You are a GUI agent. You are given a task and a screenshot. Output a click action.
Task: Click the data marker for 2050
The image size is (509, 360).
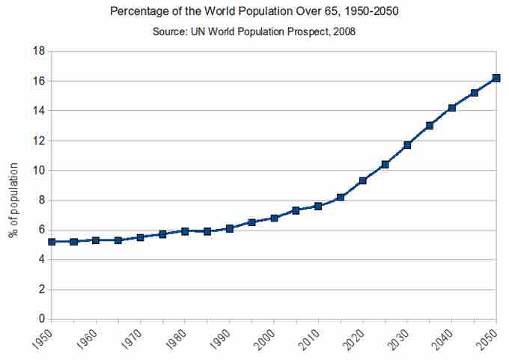tap(496, 78)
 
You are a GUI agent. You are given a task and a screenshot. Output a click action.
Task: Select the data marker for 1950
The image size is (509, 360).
tap(51, 242)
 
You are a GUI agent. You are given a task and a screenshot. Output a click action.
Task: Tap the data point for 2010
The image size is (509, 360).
tap(318, 206)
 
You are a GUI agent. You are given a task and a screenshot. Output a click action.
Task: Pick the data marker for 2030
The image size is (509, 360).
tap(407, 144)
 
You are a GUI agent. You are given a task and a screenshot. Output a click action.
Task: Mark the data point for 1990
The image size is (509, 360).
tap(229, 228)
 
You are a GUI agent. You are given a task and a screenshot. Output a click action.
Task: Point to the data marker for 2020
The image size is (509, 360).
tap(363, 180)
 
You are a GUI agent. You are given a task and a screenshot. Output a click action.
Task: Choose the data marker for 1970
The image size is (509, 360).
tap(140, 237)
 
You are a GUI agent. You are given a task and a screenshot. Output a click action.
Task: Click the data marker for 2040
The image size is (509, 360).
tap(451, 108)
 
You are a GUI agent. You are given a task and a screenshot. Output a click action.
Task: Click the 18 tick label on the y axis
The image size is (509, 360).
tap(37, 51)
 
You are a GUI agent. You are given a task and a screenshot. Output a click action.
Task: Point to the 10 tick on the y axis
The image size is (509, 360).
tap(37, 171)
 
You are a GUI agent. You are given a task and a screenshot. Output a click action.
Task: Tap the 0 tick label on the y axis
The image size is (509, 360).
tap(40, 320)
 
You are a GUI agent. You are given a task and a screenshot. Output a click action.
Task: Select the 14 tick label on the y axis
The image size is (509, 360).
tap(37, 111)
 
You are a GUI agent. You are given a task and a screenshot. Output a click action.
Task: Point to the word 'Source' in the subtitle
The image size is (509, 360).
tap(178, 31)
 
